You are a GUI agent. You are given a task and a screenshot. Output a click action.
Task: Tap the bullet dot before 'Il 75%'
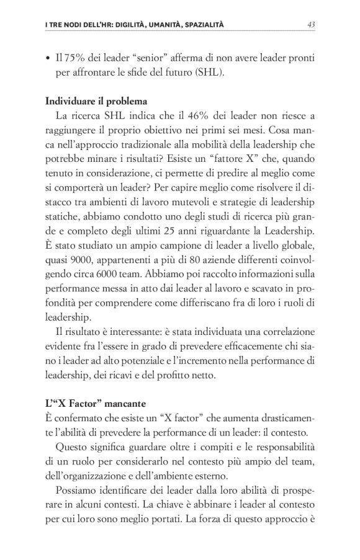[48, 59]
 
